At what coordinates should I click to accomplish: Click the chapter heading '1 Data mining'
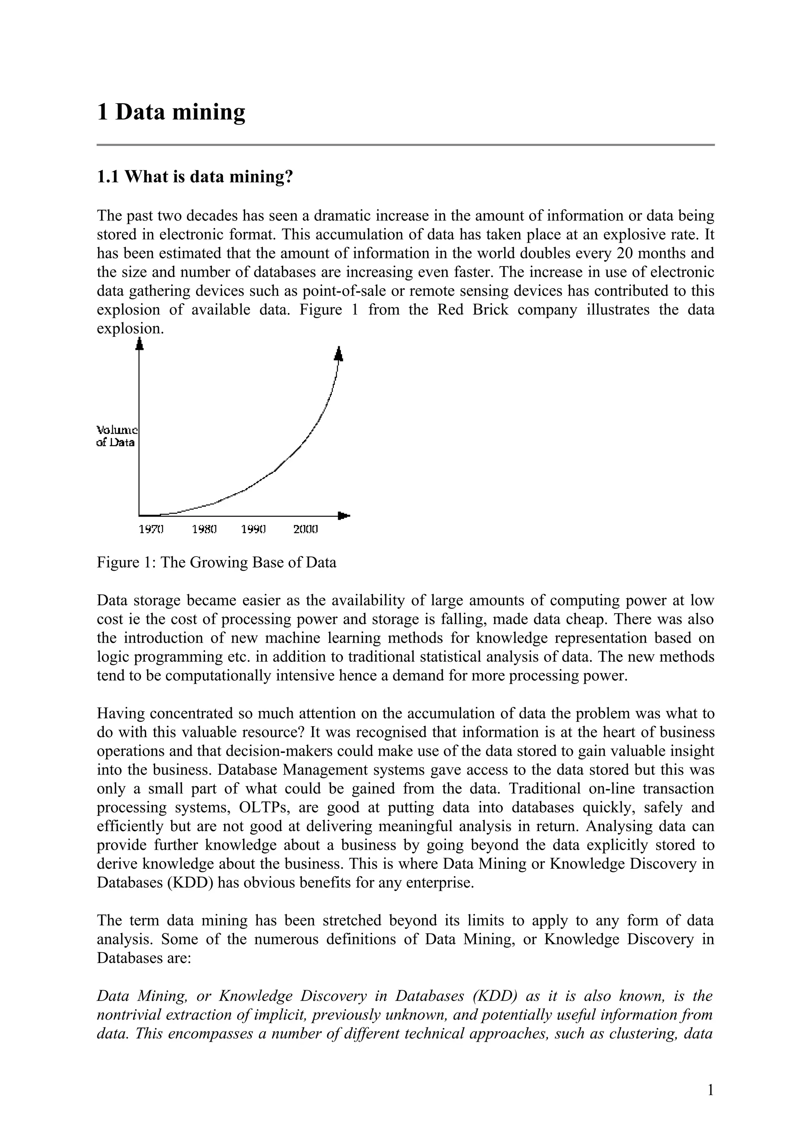(171, 112)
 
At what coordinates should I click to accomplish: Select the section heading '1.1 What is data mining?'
(194, 177)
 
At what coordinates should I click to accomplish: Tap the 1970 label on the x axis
(151, 529)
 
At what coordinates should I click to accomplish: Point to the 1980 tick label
(204, 529)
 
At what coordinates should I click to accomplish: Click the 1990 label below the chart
(253, 529)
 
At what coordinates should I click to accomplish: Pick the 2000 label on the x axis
(305, 529)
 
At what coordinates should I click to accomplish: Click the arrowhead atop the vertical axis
(140, 344)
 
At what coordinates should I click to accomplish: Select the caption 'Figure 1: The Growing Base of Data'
(216, 562)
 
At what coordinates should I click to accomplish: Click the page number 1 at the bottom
(710, 1090)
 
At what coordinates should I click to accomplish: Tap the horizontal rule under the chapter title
(405, 145)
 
